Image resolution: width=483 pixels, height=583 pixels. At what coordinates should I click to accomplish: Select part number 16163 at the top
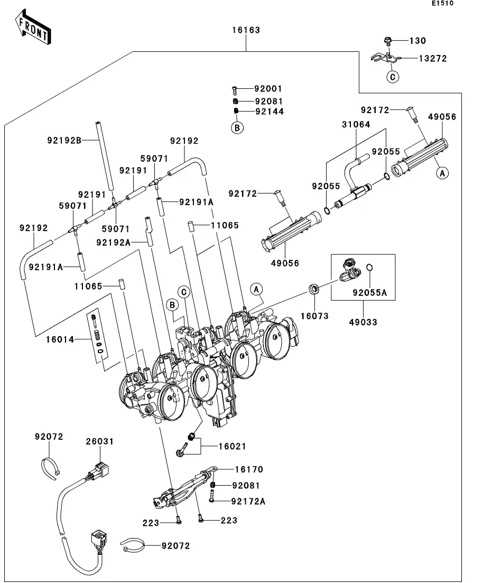246,30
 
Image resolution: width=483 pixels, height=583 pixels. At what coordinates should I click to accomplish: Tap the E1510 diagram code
443,3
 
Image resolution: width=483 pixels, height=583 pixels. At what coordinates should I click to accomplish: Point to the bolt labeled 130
386,41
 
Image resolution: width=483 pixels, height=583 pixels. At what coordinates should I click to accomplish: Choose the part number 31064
356,125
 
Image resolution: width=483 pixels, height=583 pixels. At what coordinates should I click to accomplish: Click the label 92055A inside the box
370,291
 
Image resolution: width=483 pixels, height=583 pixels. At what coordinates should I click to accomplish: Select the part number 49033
364,322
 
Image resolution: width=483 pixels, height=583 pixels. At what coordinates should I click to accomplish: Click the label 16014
60,339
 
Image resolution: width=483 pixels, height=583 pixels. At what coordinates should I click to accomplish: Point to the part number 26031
100,441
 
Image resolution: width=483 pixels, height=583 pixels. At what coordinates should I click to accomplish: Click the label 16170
249,469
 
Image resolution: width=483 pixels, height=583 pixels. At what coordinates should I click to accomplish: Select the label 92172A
248,501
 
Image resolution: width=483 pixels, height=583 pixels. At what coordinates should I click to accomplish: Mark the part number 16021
233,447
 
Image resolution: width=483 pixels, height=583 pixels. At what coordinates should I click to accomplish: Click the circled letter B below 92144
237,127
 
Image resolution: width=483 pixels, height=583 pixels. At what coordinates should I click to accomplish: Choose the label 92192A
113,242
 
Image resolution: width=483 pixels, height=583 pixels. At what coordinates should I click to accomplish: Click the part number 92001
268,89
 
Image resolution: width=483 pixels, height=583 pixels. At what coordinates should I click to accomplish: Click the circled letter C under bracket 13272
392,77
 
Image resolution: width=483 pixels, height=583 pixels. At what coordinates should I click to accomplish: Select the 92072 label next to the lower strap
175,545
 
